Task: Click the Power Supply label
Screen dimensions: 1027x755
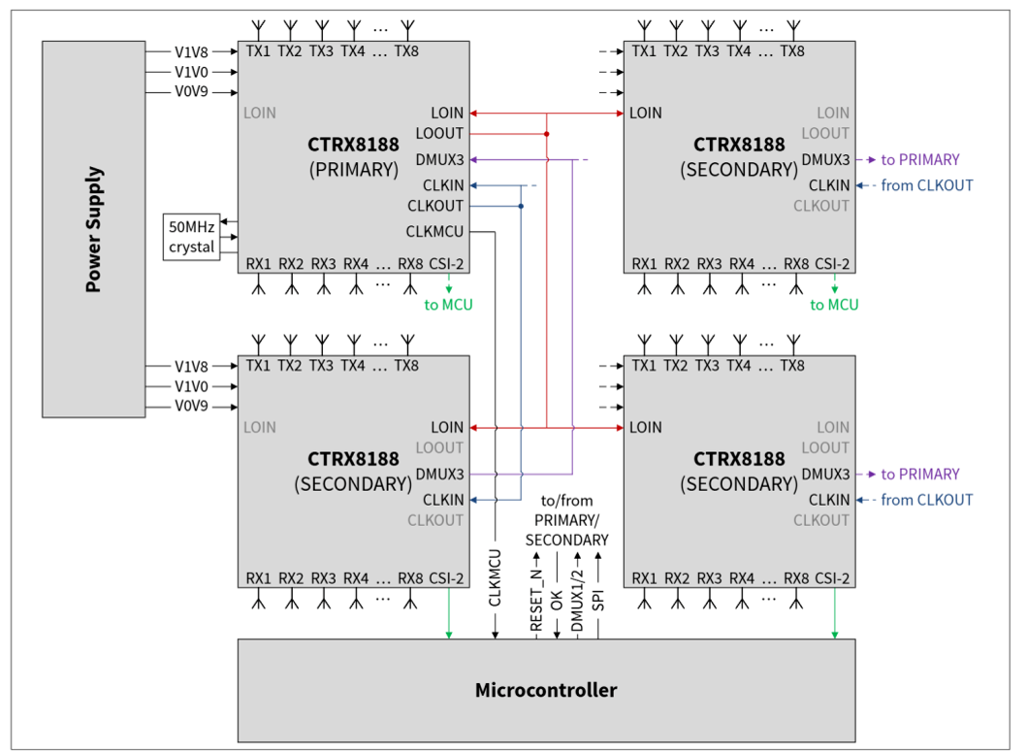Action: coord(94,229)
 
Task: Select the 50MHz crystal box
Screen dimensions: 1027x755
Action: coord(191,237)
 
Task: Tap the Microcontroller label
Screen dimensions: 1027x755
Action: coord(546,690)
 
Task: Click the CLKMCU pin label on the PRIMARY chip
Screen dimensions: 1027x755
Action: coord(434,231)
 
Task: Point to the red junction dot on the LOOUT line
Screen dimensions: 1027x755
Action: coord(546,134)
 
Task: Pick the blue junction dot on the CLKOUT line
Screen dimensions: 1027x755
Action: coord(521,206)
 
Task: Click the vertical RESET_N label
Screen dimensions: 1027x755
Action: coord(536,600)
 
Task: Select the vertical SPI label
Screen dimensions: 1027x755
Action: coord(598,601)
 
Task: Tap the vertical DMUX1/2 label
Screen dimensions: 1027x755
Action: coord(577,600)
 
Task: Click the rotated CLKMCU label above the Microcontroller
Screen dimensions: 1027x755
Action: coord(496,577)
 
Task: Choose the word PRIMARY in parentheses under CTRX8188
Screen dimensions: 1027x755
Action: coord(354,170)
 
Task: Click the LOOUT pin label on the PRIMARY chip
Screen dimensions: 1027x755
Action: coord(439,134)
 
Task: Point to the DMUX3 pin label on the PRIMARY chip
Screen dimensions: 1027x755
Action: coord(439,160)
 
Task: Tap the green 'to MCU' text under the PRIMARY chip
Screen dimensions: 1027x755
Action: coord(449,305)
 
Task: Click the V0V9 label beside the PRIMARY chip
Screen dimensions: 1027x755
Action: coord(191,92)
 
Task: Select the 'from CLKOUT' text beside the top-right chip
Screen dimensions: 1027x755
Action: coord(927,185)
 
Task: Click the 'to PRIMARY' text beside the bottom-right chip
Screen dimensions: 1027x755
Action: coord(920,474)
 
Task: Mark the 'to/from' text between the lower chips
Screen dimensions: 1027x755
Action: coord(567,501)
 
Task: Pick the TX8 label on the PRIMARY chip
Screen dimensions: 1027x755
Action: coord(406,51)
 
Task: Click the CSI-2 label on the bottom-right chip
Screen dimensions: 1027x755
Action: coord(832,578)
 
